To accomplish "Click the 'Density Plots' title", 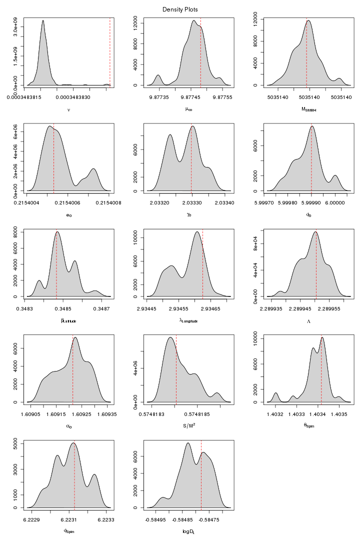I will pyautogui.click(x=180, y=9).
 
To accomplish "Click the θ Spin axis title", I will pyautogui.click(x=308, y=426).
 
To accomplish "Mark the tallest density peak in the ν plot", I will pyautogui.click(x=43, y=21).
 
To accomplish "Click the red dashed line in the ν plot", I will pyautogui.click(x=109, y=50).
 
